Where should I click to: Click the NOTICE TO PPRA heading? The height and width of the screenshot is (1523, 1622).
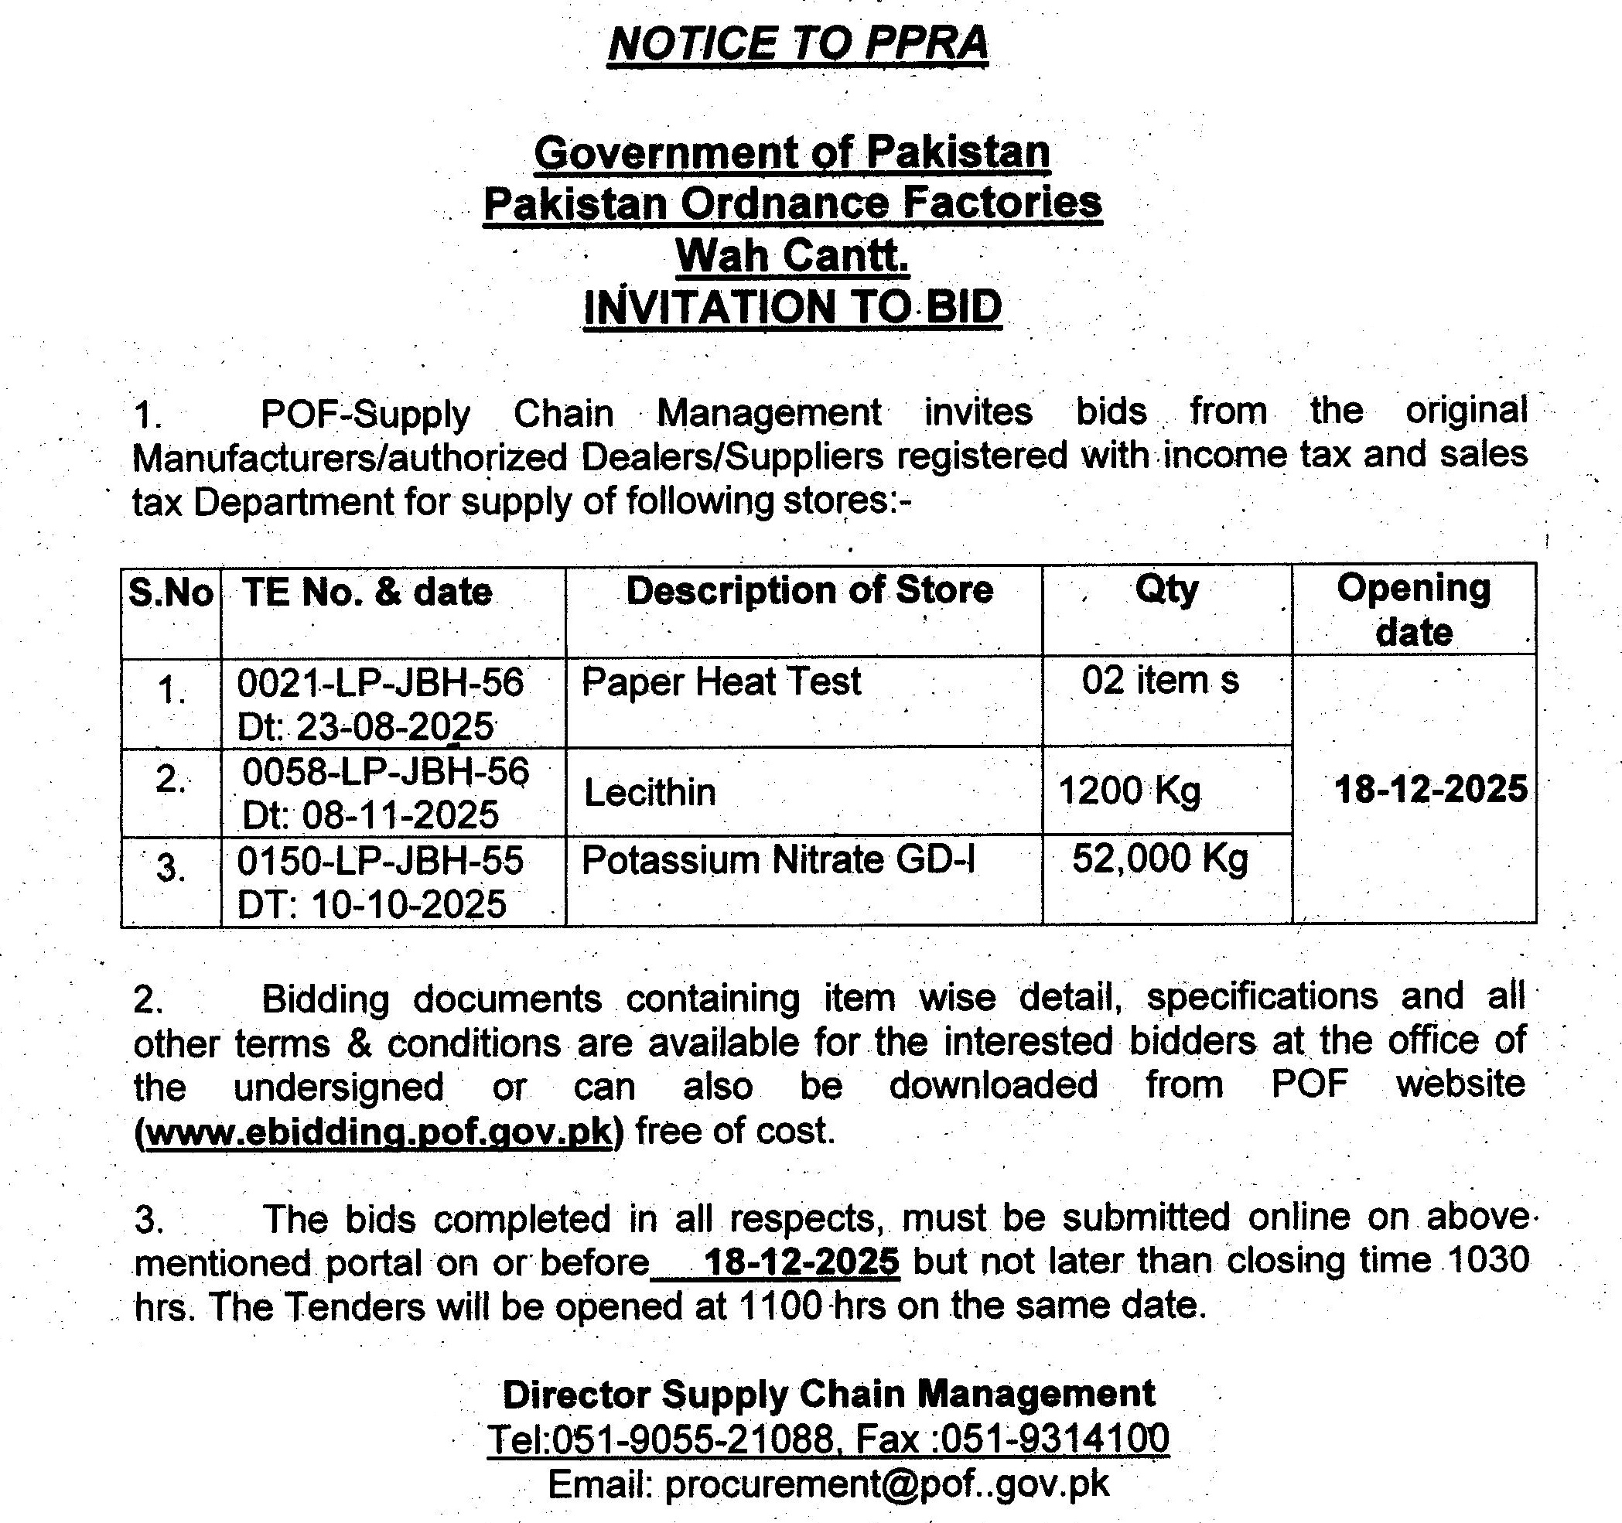[797, 43]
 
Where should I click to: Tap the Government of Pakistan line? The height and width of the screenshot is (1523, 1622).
[791, 152]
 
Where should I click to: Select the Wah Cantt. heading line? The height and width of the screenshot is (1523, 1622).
[791, 255]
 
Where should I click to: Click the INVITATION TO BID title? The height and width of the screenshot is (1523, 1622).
[791, 308]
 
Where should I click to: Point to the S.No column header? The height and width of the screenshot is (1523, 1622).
[170, 593]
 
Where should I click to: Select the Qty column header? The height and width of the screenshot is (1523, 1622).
[1166, 589]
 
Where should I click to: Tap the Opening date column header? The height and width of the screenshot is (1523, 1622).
[1413, 610]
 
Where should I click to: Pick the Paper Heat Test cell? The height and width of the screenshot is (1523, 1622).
[720, 682]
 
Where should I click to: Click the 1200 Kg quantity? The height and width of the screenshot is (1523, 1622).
[1129, 791]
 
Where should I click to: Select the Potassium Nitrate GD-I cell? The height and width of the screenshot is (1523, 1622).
[777, 861]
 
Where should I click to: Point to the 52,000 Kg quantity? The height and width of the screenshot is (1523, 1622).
[1159, 858]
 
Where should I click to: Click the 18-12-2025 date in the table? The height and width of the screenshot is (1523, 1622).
[1430, 790]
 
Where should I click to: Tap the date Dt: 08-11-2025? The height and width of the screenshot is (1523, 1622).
[370, 815]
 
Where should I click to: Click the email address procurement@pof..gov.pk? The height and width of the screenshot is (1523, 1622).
[887, 1483]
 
